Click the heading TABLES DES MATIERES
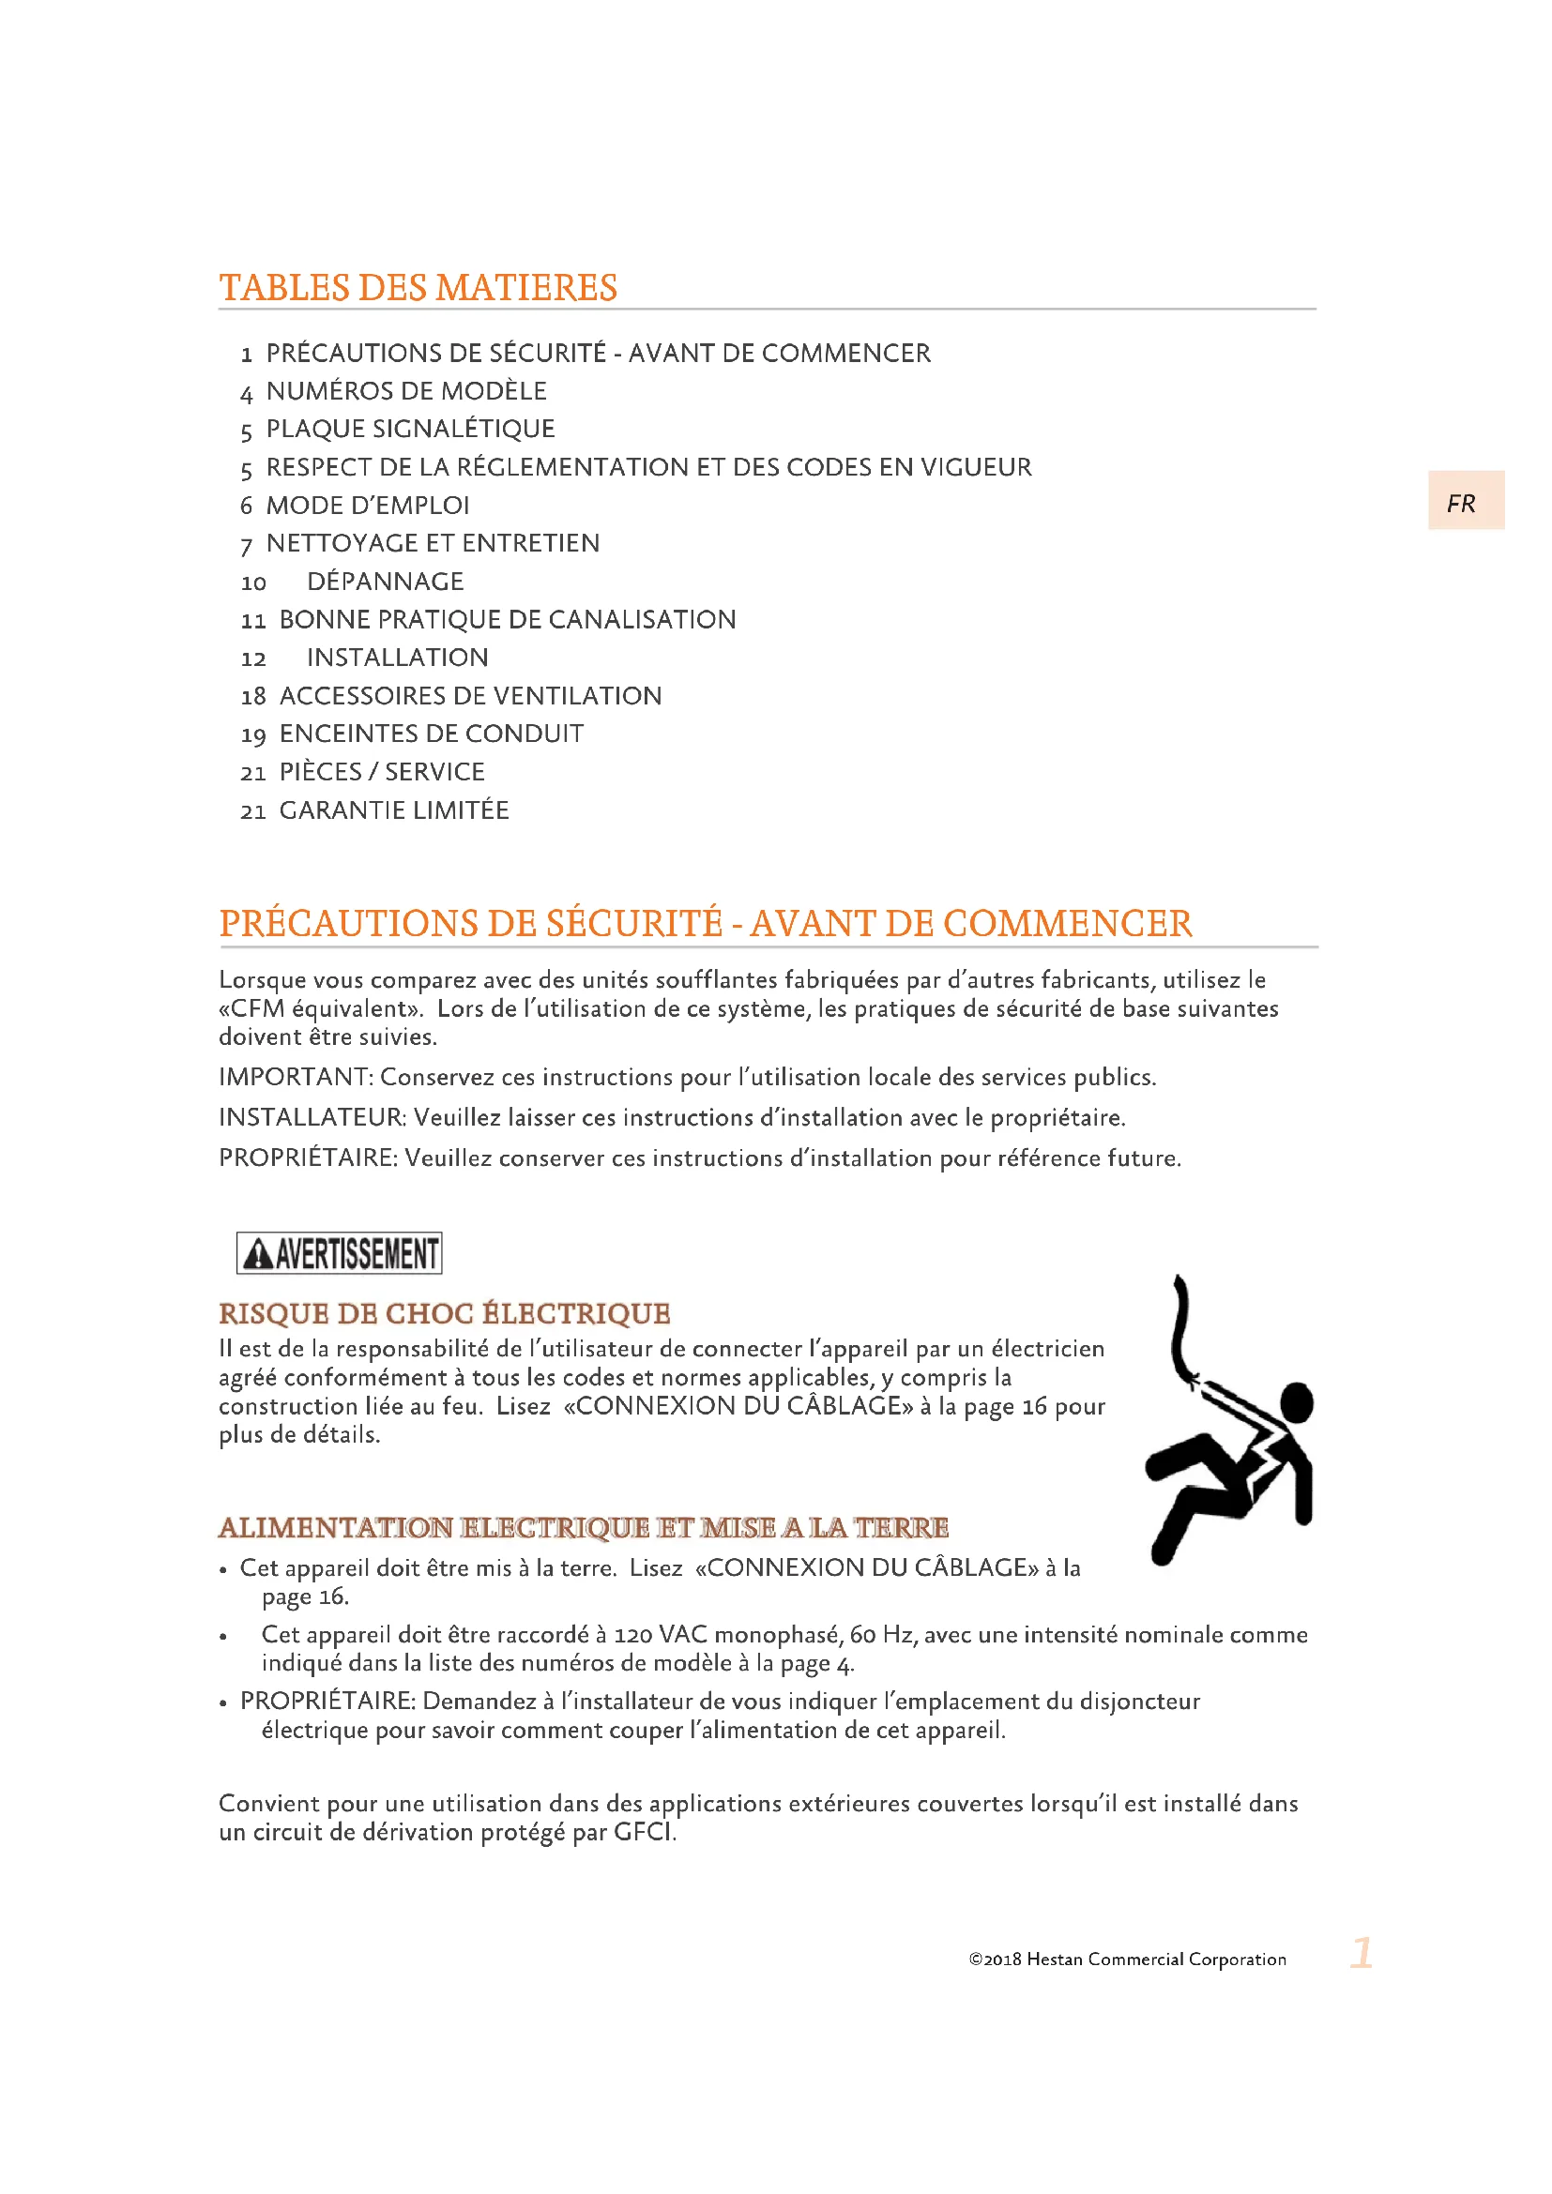pyautogui.click(x=418, y=288)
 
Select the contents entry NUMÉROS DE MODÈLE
pyautogui.click(x=406, y=391)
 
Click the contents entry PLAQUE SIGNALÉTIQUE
pyautogui.click(x=410, y=429)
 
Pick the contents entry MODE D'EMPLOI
pyautogui.click(x=368, y=506)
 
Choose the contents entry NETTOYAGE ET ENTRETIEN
pyautogui.click(x=433, y=544)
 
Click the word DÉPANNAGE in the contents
pyautogui.click(x=385, y=582)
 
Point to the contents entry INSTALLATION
pyautogui.click(x=398, y=658)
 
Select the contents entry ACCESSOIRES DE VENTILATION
pyautogui.click(x=470, y=697)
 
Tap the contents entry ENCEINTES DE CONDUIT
pyautogui.click(x=431, y=734)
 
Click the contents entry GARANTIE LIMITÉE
pyautogui.click(x=394, y=811)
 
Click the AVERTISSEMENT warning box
pyautogui.click(x=340, y=1253)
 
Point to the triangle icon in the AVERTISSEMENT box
pyautogui.click(x=258, y=1254)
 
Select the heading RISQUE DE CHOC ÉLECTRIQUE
pyautogui.click(x=445, y=1314)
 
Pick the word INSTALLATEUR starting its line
pyautogui.click(x=312, y=1118)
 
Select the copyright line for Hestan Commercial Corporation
pyautogui.click(x=1127, y=1959)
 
